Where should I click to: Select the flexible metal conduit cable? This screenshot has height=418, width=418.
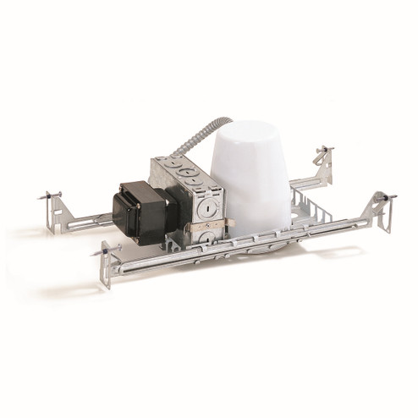(x=190, y=144)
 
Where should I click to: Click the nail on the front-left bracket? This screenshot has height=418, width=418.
(x=100, y=251)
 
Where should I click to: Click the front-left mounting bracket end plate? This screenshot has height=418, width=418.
(x=107, y=267)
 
